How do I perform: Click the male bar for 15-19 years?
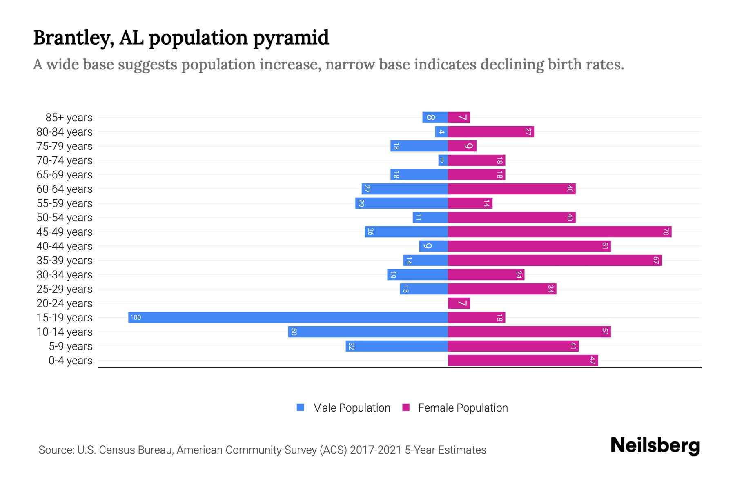point(288,317)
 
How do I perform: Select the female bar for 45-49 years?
point(559,232)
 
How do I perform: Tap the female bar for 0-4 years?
point(523,360)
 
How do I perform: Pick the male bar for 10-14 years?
point(367,332)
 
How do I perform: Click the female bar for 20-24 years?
point(459,303)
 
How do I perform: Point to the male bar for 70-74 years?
point(443,160)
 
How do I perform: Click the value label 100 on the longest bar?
point(136,317)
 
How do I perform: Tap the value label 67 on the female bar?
point(656,260)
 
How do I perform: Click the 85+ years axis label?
point(69,118)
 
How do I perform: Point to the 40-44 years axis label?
point(65,246)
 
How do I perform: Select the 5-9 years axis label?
point(70,346)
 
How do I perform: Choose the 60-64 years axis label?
point(65,189)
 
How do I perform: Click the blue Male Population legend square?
point(301,408)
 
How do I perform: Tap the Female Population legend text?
point(463,408)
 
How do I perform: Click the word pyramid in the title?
point(291,38)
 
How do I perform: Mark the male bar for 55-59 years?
point(401,203)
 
